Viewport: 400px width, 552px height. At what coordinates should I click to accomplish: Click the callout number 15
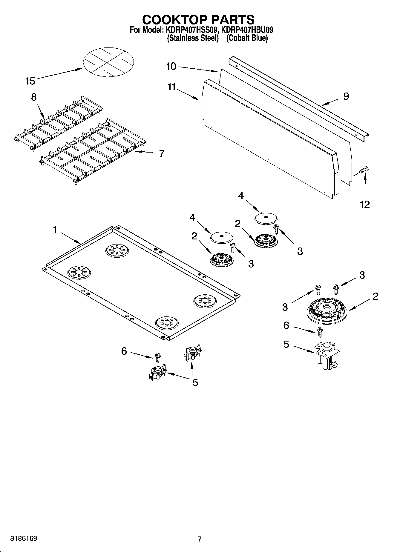[30, 81]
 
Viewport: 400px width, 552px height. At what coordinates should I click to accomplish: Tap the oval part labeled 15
[108, 63]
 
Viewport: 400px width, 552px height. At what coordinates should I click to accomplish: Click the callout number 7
[161, 153]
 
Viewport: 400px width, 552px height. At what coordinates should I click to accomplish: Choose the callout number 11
[171, 87]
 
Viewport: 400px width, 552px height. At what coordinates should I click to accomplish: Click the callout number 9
[346, 96]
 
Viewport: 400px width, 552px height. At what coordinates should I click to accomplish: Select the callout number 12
[365, 204]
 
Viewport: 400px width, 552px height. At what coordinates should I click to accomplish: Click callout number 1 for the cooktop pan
[55, 230]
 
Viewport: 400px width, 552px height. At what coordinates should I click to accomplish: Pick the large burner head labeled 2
[327, 309]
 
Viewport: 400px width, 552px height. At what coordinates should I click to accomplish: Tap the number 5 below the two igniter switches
[195, 383]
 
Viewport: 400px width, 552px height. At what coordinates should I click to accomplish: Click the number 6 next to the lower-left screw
[124, 351]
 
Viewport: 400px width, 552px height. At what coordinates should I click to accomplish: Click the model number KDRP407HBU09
[247, 30]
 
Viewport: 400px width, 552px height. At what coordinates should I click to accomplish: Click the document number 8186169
[24, 539]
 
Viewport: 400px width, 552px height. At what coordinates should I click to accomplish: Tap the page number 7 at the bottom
[200, 539]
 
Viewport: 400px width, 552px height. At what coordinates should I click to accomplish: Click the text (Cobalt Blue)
[247, 38]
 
